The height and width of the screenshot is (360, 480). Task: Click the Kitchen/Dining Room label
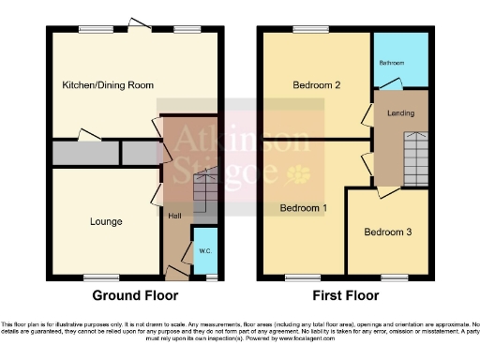coord(107,85)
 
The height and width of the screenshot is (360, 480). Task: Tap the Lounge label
coord(106,221)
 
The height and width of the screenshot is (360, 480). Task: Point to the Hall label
coord(174,217)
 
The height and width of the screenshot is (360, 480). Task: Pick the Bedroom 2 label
coord(315,85)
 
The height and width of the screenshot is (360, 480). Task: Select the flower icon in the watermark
coord(302,174)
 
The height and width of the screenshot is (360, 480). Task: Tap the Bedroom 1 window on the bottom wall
coord(301,277)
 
